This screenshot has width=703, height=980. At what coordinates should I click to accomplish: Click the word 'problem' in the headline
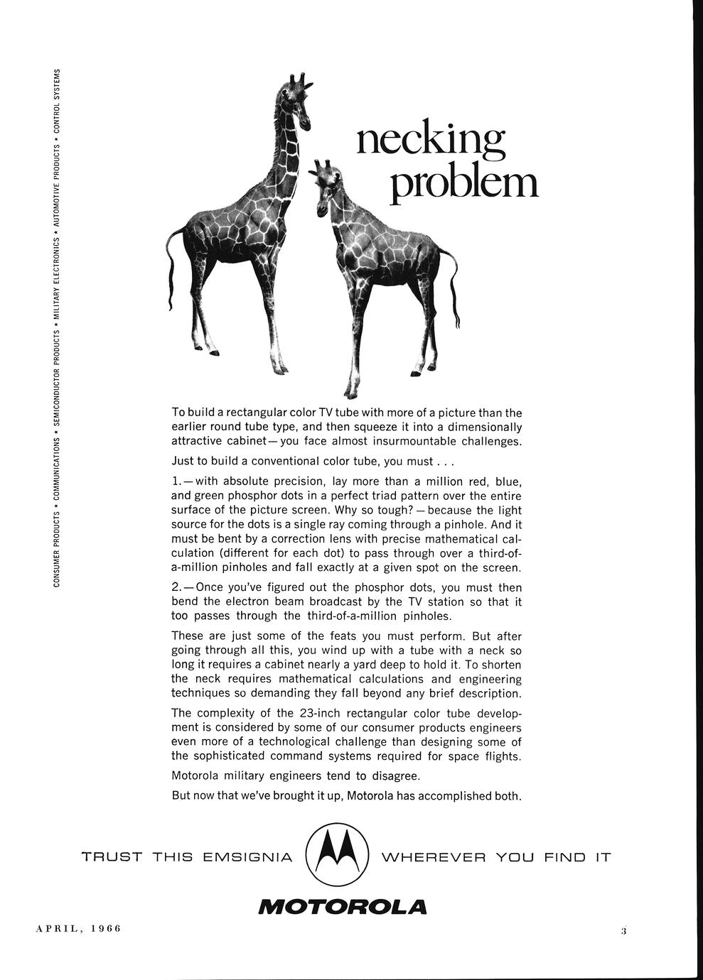[464, 183]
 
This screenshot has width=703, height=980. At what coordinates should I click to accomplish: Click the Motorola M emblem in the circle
[337, 855]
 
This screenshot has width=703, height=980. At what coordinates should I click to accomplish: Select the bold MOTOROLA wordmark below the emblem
[343, 907]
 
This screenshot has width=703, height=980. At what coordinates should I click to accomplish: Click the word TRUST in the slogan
[112, 857]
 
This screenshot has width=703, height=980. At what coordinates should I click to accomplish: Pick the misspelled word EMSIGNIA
[247, 857]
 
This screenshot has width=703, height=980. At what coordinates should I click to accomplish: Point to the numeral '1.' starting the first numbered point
[177, 481]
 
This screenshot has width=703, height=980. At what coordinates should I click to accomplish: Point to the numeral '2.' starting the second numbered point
[177, 587]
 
